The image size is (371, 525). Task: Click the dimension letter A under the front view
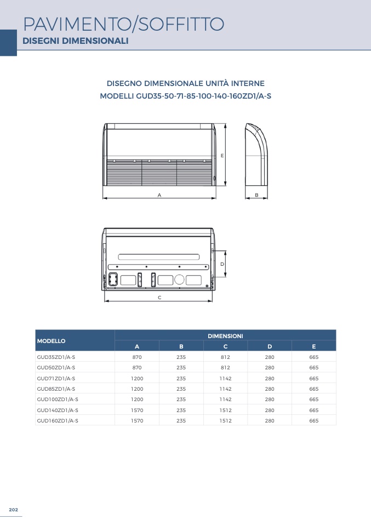tap(159, 195)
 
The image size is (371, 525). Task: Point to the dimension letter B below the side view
tap(256, 195)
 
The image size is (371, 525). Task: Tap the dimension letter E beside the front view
tap(222, 156)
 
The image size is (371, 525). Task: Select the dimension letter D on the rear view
tap(221, 264)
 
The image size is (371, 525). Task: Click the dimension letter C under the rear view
tap(159, 298)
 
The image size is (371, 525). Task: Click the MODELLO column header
tap(52, 341)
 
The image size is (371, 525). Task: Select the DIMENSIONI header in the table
tap(225, 335)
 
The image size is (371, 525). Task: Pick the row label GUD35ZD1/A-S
tap(56, 357)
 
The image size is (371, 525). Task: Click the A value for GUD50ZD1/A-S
tap(137, 368)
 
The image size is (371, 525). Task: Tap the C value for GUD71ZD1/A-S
tap(225, 378)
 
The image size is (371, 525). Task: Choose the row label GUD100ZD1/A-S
tap(58, 400)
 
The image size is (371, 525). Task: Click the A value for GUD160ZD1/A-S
tap(137, 421)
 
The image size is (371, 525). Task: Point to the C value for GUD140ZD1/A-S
tap(225, 410)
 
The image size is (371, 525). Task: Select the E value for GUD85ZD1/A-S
tap(313, 389)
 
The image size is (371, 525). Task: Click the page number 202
tap(14, 510)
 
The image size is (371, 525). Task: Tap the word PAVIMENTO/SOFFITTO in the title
tap(124, 24)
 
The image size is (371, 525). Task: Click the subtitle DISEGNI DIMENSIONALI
tap(75, 41)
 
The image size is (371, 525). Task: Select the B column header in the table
tap(181, 346)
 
